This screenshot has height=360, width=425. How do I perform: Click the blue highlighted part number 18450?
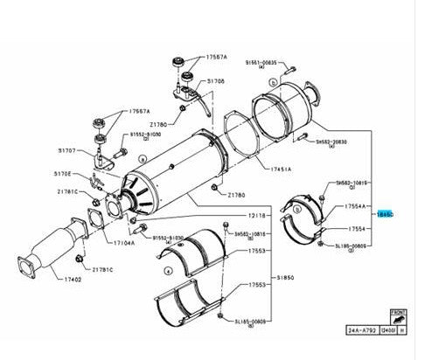(x=385, y=212)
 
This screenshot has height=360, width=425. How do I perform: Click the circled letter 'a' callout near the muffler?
(x=142, y=158)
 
